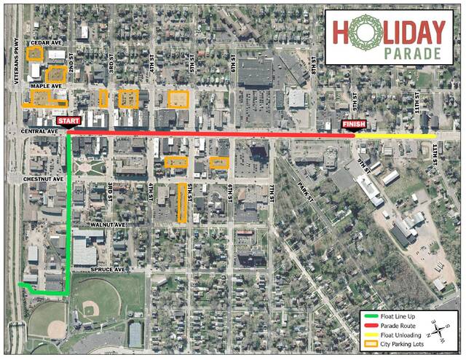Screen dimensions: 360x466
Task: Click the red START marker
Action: pyautogui.click(x=68, y=120)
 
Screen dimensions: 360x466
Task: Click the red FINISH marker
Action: pyautogui.click(x=354, y=125)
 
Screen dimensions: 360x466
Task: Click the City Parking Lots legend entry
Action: pyautogui.click(x=396, y=344)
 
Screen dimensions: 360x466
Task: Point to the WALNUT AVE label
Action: pyautogui.click(x=108, y=225)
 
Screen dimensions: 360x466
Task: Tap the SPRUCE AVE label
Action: pyautogui.click(x=109, y=270)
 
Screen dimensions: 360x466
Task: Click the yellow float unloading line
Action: pyautogui.click(x=397, y=136)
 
